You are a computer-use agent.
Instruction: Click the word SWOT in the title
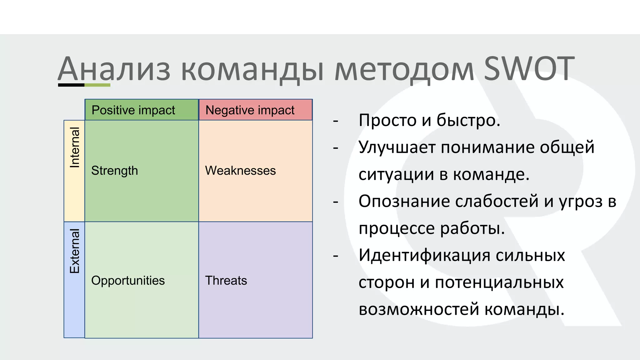click(529, 69)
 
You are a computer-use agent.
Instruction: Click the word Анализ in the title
click(114, 69)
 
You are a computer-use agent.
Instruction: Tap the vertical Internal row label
click(74, 147)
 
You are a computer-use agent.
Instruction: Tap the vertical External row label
click(74, 251)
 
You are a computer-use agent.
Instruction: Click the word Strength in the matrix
click(114, 171)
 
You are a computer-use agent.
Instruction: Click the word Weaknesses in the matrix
click(240, 171)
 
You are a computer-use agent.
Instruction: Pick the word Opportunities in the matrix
click(128, 280)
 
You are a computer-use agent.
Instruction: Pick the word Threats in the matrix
click(226, 280)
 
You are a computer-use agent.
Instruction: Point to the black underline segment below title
click(71, 85)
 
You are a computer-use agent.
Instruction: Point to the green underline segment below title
click(97, 85)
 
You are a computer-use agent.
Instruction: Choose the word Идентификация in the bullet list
click(424, 255)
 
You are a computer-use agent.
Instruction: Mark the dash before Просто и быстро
click(336, 121)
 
